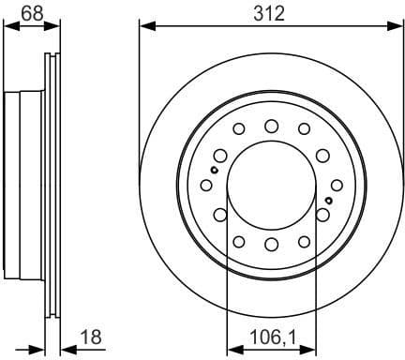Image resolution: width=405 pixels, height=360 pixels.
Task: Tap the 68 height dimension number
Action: pos(30,14)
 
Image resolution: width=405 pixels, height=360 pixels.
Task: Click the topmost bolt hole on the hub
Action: pos(271,126)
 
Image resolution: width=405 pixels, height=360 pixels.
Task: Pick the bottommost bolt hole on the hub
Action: pos(271,245)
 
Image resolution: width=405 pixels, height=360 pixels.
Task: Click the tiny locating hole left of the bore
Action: pos(214,170)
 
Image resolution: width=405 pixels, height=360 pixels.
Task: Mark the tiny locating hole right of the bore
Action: pos(328,201)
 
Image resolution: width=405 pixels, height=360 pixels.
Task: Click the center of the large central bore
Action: pos(271,185)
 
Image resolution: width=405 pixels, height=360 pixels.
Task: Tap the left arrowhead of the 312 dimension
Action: pos(143,25)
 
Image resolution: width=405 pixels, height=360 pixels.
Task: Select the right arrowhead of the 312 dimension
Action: pos(398,25)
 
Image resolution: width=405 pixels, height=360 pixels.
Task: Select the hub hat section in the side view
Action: pos(23,185)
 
